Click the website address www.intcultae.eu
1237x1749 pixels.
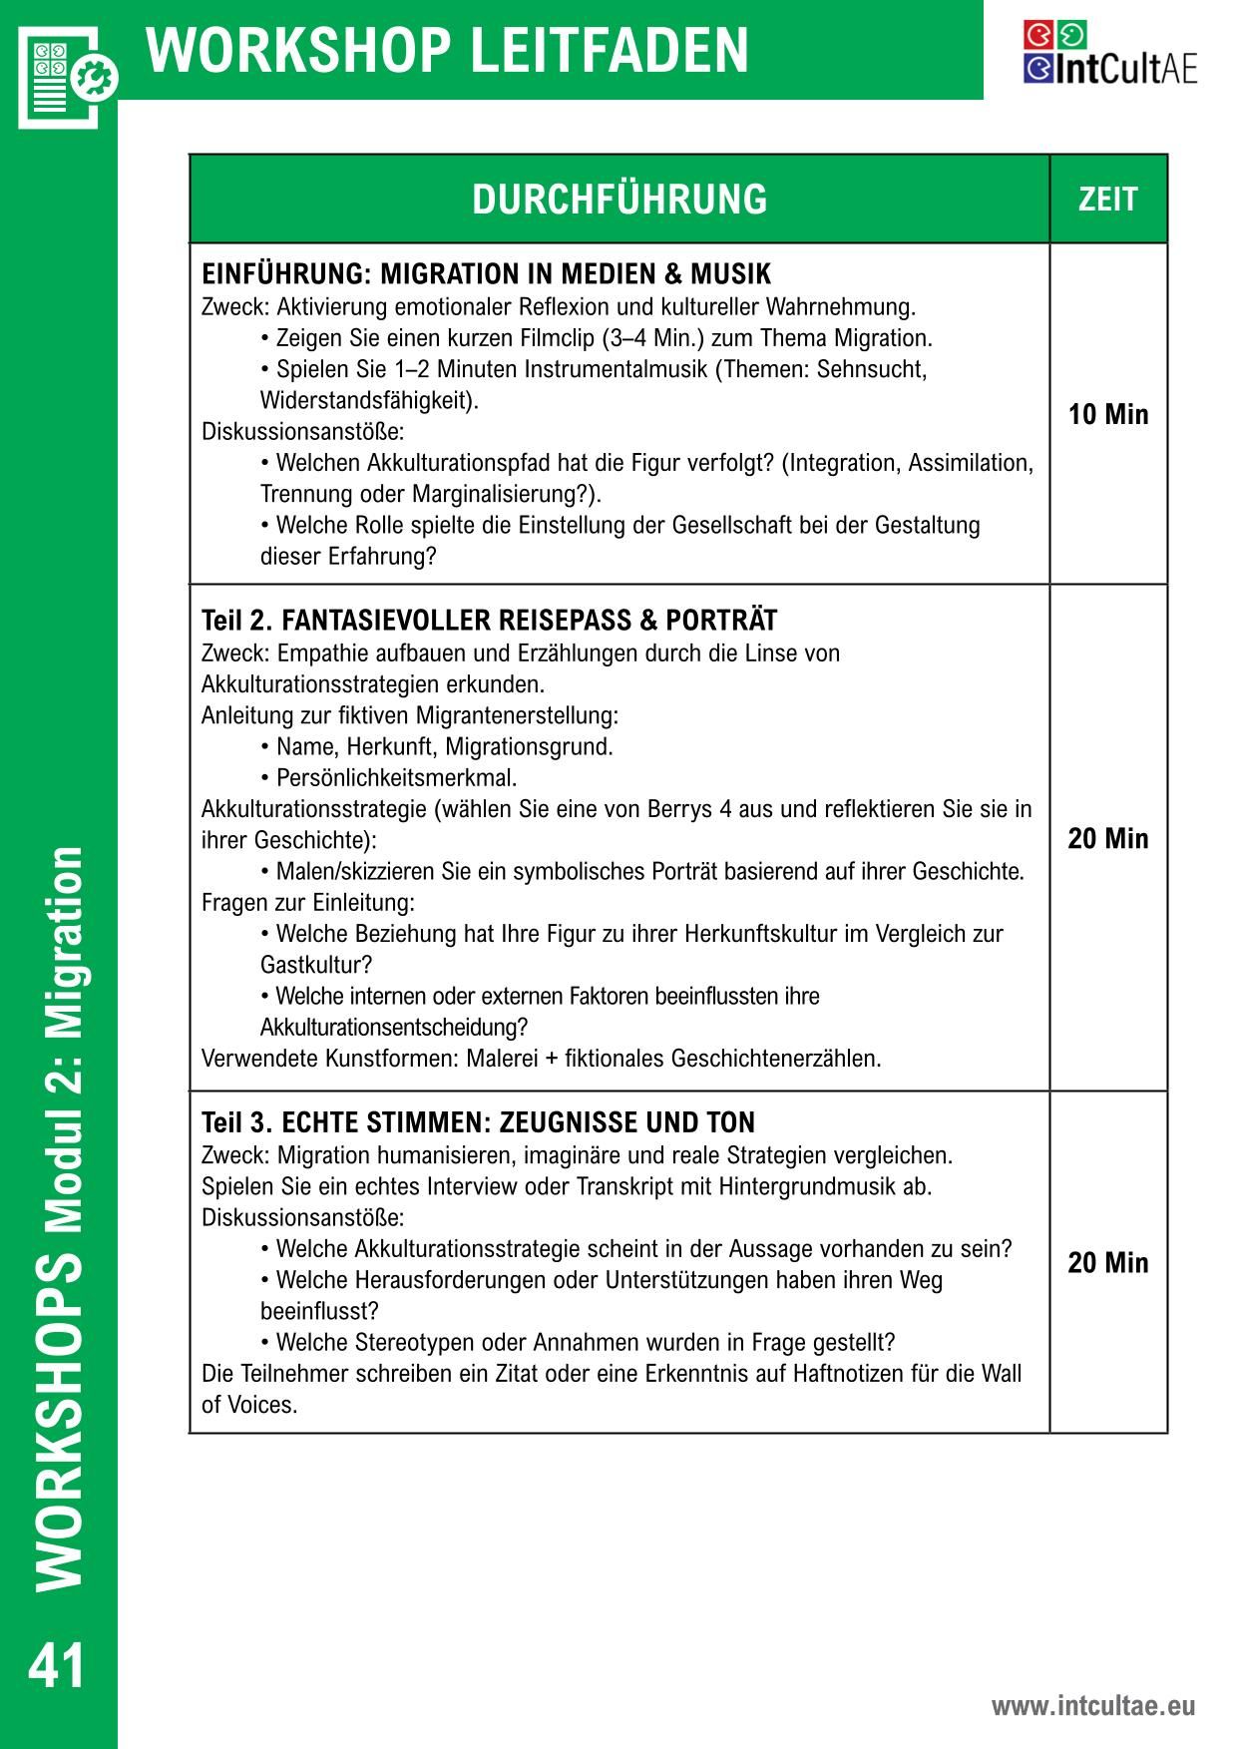(x=1092, y=1706)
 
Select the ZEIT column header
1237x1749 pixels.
(x=1107, y=200)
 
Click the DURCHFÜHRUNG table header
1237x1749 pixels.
(x=619, y=200)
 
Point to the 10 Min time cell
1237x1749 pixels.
(x=1108, y=414)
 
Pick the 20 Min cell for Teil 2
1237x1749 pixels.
(x=1108, y=838)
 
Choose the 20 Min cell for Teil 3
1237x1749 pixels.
(x=1108, y=1262)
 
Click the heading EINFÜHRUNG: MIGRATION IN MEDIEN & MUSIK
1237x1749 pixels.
(x=487, y=274)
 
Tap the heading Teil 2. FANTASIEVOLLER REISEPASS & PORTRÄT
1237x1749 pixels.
(x=489, y=621)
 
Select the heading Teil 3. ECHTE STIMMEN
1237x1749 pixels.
(x=479, y=1122)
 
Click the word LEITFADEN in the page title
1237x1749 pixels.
(x=608, y=50)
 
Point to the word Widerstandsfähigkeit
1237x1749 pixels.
(x=363, y=401)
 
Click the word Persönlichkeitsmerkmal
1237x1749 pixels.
(x=396, y=777)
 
